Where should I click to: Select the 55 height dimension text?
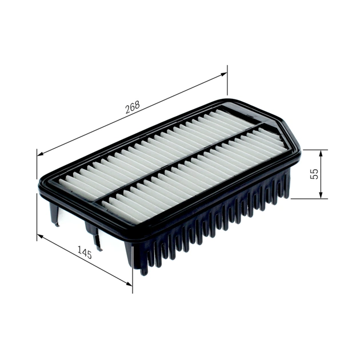[314, 174]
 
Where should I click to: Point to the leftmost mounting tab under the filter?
[55, 214]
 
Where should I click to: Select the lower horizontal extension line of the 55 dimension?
[309, 199]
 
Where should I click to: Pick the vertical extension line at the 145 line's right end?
[133, 274]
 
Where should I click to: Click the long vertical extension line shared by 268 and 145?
[37, 194]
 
